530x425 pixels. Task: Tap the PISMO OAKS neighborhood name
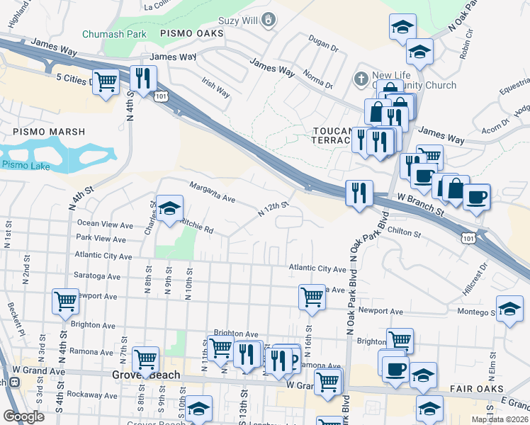191,33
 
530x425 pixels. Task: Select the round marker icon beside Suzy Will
269,21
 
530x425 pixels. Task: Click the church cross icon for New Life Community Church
360,77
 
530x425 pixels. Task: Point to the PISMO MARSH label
48,132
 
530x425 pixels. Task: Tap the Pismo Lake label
23,164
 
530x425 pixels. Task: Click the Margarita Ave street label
211,191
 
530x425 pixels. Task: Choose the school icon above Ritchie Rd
169,208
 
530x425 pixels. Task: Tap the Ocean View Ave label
105,225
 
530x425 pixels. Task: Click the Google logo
23,416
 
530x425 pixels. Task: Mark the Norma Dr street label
318,79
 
